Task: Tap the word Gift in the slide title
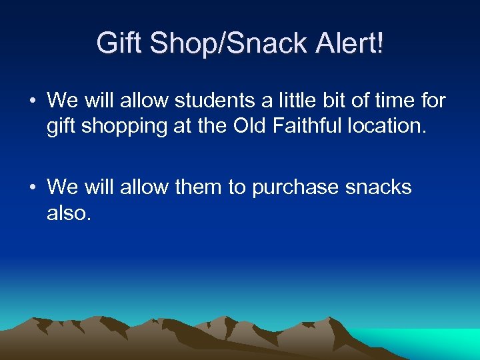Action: tap(119, 44)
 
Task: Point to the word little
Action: tap(295, 101)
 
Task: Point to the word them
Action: tap(199, 187)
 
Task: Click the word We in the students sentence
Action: tap(63, 101)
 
